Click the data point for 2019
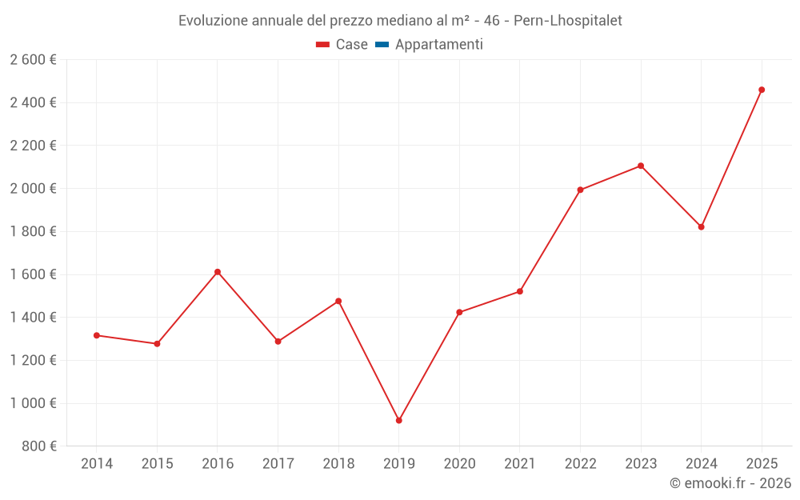pyautogui.click(x=399, y=420)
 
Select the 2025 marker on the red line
pyautogui.click(x=762, y=90)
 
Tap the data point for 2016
pyautogui.click(x=218, y=272)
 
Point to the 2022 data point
pyautogui.click(x=580, y=190)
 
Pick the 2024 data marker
pyautogui.click(x=702, y=227)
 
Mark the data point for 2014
pyautogui.click(x=97, y=335)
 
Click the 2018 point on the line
pyautogui.click(x=338, y=301)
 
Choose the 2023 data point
pyautogui.click(x=641, y=166)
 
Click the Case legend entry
pyautogui.click(x=342, y=45)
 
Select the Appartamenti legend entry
pyautogui.click(x=430, y=45)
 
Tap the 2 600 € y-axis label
pyautogui.click(x=33, y=59)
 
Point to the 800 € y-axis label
pyautogui.click(x=38, y=446)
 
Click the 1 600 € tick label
pyautogui.click(x=33, y=274)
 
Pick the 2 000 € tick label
pyautogui.click(x=33, y=188)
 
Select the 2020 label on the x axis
pyautogui.click(x=459, y=464)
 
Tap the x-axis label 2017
pyautogui.click(x=278, y=464)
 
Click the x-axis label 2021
pyautogui.click(x=520, y=464)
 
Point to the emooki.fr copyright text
pyautogui.click(x=730, y=483)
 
